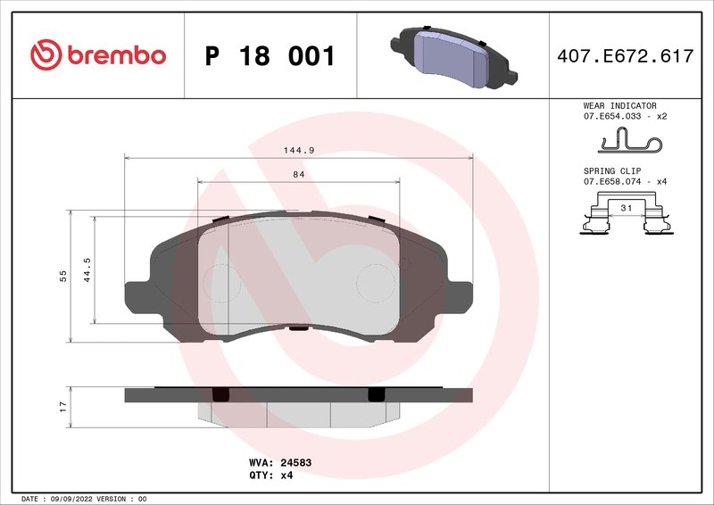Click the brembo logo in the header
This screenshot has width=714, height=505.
coord(97,55)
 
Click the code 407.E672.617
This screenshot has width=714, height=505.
coord(624,56)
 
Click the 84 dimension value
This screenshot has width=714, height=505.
coord(298,175)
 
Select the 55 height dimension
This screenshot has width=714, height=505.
coord(62,276)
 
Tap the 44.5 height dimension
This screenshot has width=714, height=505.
coord(87,269)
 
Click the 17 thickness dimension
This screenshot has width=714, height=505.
coord(62,406)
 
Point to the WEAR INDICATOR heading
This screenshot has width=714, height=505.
coord(620,105)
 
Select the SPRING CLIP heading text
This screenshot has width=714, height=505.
coord(611,170)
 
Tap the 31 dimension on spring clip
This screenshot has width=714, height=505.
coord(626,207)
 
